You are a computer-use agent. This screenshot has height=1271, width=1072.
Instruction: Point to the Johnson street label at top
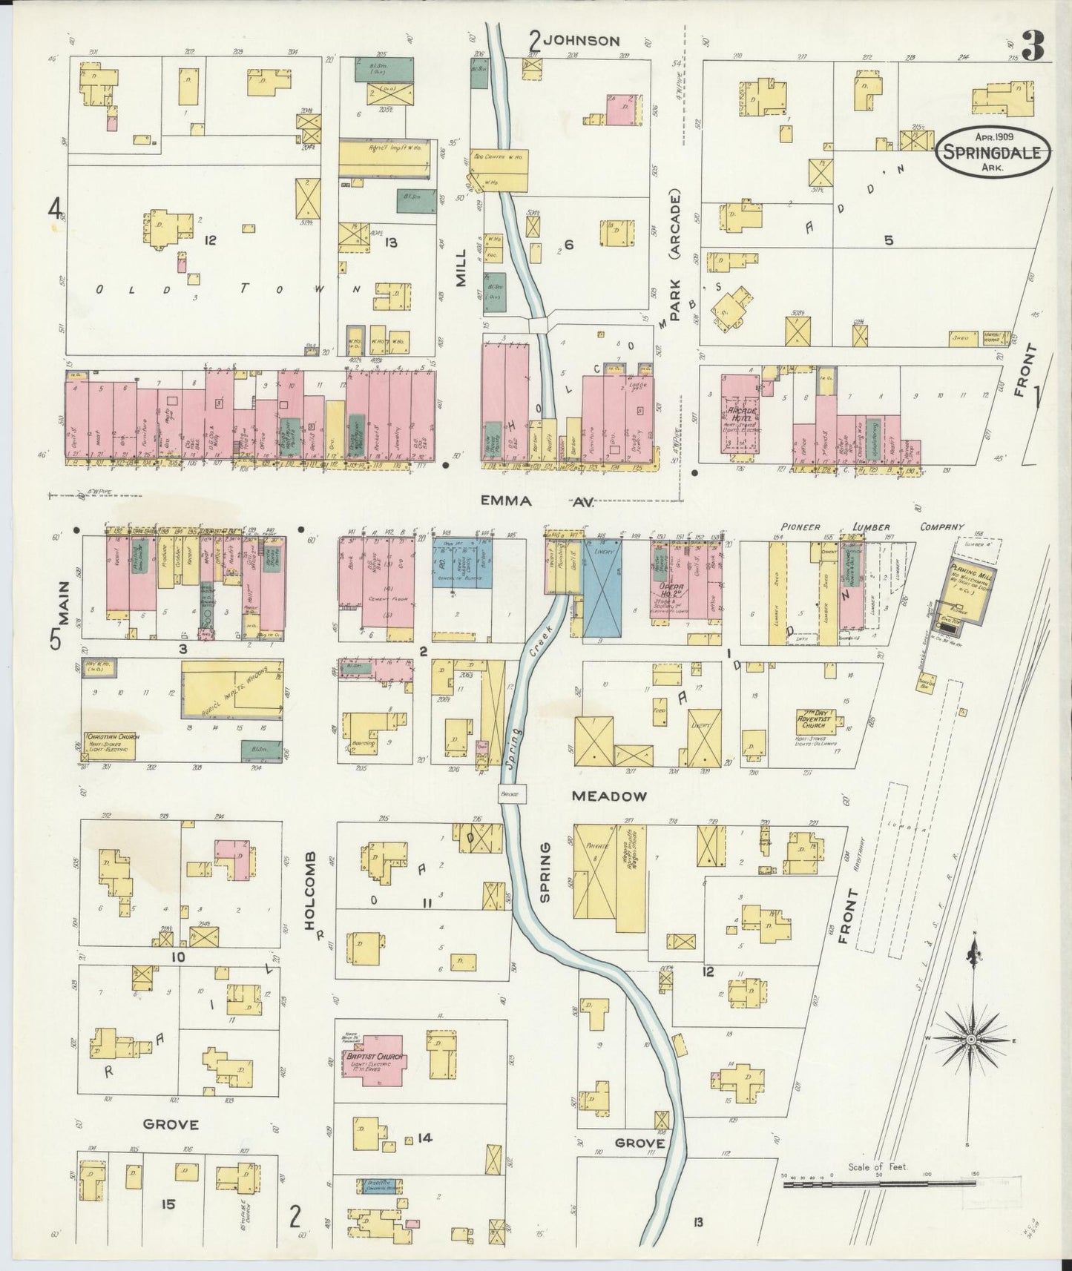click(x=581, y=41)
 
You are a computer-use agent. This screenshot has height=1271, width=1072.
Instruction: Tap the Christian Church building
click(x=109, y=745)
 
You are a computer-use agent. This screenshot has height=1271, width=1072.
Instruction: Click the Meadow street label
click(x=609, y=796)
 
